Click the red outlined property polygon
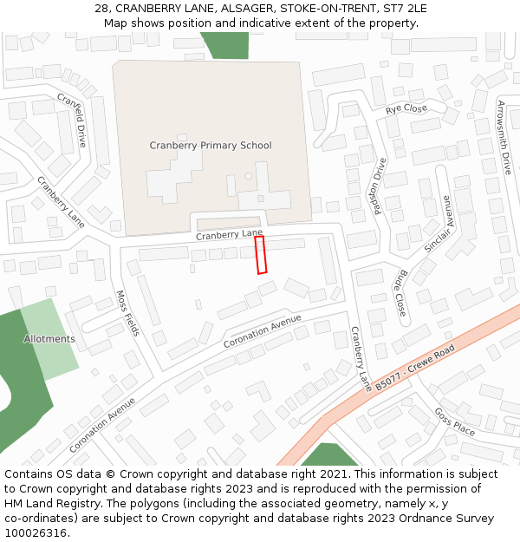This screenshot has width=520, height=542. pos(260,255)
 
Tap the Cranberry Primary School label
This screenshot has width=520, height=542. pos(211,146)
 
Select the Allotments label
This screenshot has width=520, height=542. pos(49,339)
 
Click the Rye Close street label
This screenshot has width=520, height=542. pos(406,109)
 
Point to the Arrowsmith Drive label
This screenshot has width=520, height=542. pos(504,137)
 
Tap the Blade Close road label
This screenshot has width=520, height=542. pos(400,292)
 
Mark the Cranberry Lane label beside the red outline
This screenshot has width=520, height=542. pos(229,235)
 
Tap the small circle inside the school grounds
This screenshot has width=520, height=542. pos(249,176)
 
